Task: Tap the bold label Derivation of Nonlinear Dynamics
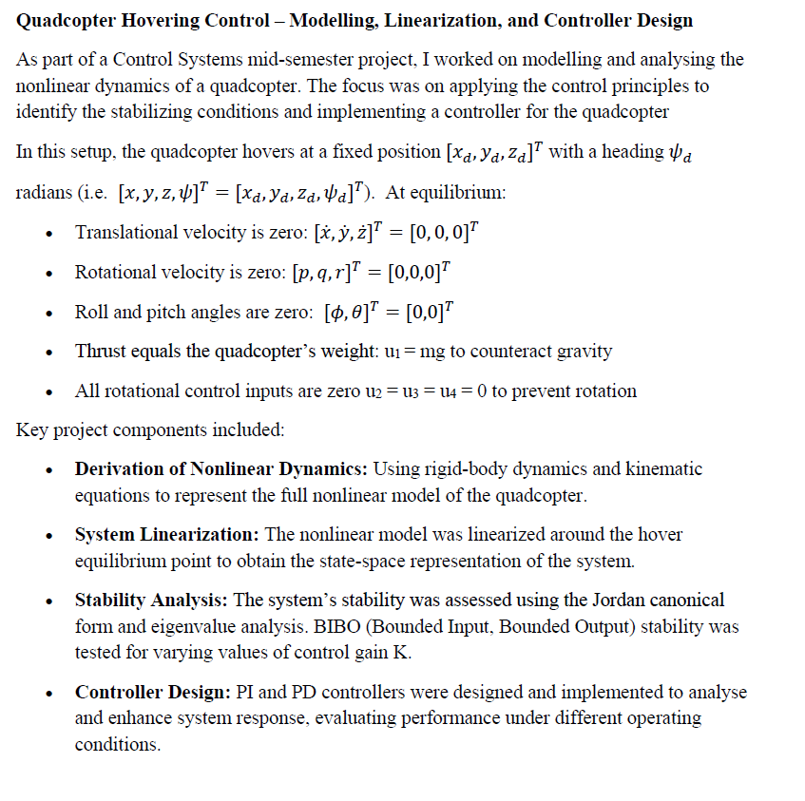point(221,468)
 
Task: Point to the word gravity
point(585,351)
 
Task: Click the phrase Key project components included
point(150,429)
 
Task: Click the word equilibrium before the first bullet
point(457,192)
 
